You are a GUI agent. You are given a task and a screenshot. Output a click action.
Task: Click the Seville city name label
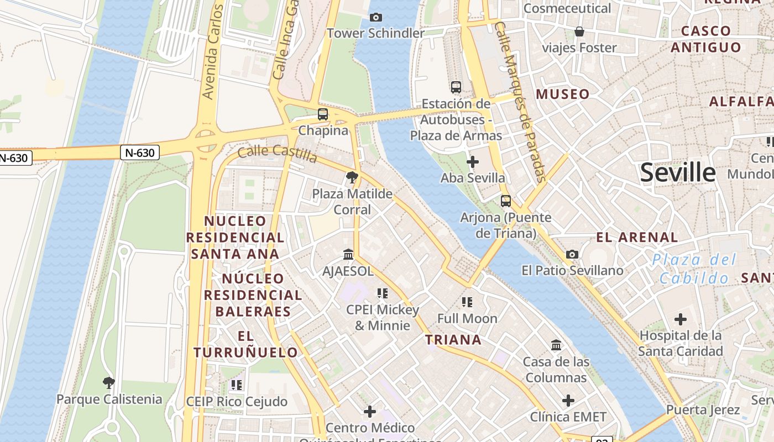(678, 173)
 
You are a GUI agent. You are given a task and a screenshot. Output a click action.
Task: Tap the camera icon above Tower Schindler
(376, 18)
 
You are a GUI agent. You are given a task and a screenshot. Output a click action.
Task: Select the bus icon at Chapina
(323, 114)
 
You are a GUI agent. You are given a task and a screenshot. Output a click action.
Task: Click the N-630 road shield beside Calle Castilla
(139, 152)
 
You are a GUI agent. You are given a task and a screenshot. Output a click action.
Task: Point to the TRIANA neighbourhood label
(453, 340)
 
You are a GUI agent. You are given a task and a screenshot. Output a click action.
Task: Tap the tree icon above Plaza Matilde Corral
(352, 178)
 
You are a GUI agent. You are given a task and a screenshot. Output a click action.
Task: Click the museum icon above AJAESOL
(348, 255)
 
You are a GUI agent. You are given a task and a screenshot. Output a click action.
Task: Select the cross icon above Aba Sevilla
(473, 162)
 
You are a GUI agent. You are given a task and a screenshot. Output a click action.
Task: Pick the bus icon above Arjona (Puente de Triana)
(505, 201)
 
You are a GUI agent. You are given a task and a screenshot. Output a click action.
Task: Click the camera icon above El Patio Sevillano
(572, 255)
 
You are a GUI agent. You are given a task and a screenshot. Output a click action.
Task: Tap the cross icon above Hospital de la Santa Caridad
(681, 319)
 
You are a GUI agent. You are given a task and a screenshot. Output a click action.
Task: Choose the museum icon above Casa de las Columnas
(556, 346)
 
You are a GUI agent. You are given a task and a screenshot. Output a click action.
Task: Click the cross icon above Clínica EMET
(568, 401)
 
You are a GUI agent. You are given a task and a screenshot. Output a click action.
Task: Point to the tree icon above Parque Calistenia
(109, 382)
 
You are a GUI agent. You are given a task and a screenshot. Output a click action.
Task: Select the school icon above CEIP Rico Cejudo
(237, 385)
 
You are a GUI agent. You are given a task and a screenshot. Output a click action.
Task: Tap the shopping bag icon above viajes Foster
(579, 31)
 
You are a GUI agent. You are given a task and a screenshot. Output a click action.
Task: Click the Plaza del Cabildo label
(694, 269)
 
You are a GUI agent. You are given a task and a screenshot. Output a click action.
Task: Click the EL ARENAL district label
(637, 238)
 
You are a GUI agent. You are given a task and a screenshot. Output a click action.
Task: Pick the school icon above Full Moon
(467, 302)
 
